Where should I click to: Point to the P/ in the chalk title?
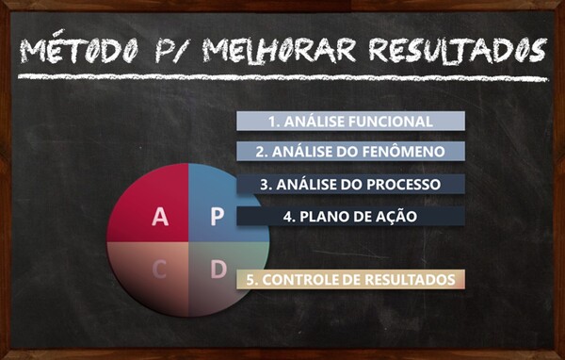click(x=170, y=51)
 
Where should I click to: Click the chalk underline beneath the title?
click(x=282, y=77)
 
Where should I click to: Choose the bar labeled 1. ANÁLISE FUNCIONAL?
click(x=350, y=122)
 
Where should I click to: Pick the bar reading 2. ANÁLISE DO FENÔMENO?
click(x=350, y=151)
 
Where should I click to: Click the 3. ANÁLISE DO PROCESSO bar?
click(x=350, y=184)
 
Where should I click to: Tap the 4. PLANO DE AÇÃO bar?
click(x=350, y=216)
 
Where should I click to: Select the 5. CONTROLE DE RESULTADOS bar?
click(x=350, y=280)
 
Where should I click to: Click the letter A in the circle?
click(x=160, y=217)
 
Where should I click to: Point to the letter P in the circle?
click(x=218, y=217)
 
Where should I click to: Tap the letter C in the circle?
click(x=160, y=270)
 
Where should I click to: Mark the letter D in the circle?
click(x=218, y=270)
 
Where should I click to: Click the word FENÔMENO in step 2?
click(x=403, y=151)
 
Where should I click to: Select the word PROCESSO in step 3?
click(x=403, y=185)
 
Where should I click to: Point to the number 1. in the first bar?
click(x=274, y=122)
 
